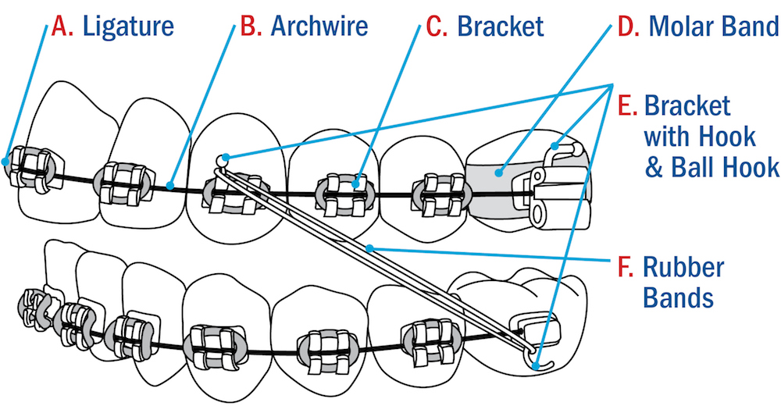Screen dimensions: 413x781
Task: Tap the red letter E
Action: (x=626, y=105)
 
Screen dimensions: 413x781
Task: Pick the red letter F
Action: (x=625, y=267)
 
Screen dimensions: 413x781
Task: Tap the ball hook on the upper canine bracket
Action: (x=223, y=158)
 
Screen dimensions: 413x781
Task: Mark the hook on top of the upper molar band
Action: (x=556, y=145)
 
